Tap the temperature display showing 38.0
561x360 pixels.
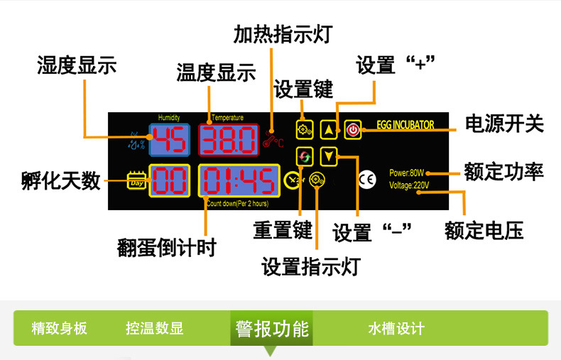(x=229, y=141)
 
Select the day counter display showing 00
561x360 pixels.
(x=168, y=181)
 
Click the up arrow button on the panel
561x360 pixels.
(x=328, y=130)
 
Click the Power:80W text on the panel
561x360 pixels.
(x=406, y=173)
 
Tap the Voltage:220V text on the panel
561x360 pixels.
(x=409, y=186)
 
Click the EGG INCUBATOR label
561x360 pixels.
(x=403, y=125)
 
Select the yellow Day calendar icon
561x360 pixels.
(x=135, y=182)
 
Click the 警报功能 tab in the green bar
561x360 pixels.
(x=273, y=329)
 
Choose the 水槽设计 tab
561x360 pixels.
(x=396, y=329)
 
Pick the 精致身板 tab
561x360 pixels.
(x=60, y=329)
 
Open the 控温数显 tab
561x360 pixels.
(x=154, y=329)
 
